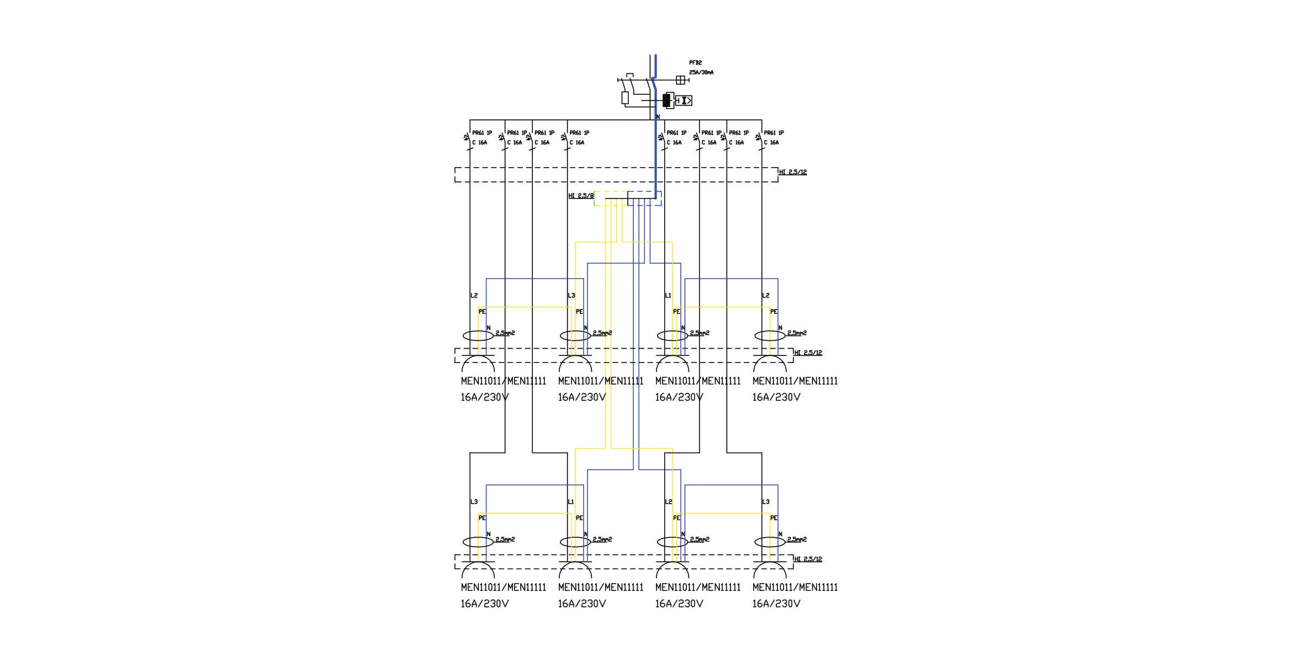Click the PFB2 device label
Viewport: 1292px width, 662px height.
click(695, 63)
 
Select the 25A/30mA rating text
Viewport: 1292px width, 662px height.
click(701, 72)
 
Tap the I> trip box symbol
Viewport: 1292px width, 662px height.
click(685, 100)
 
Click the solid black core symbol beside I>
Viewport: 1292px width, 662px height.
click(666, 100)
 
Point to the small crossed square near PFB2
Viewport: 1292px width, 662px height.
click(680, 80)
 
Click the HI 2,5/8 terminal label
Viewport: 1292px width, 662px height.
click(581, 196)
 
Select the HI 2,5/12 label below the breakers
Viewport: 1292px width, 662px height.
click(793, 172)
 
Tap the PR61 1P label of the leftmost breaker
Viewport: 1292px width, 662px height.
click(482, 133)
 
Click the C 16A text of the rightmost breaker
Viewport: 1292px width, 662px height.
click(771, 142)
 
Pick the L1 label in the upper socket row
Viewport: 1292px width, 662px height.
click(668, 296)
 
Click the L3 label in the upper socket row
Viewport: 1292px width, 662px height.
click(571, 296)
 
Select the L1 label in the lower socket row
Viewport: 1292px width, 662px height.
click(571, 502)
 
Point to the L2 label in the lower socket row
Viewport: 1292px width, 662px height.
click(668, 502)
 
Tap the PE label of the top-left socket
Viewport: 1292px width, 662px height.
click(482, 312)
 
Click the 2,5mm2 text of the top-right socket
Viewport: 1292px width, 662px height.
click(797, 333)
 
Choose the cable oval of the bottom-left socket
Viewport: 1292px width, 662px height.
click(478, 542)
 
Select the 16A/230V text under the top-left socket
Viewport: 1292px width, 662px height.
click(485, 397)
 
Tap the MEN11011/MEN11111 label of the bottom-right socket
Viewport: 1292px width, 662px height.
click(795, 588)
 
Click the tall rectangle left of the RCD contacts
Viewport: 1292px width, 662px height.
click(625, 98)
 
